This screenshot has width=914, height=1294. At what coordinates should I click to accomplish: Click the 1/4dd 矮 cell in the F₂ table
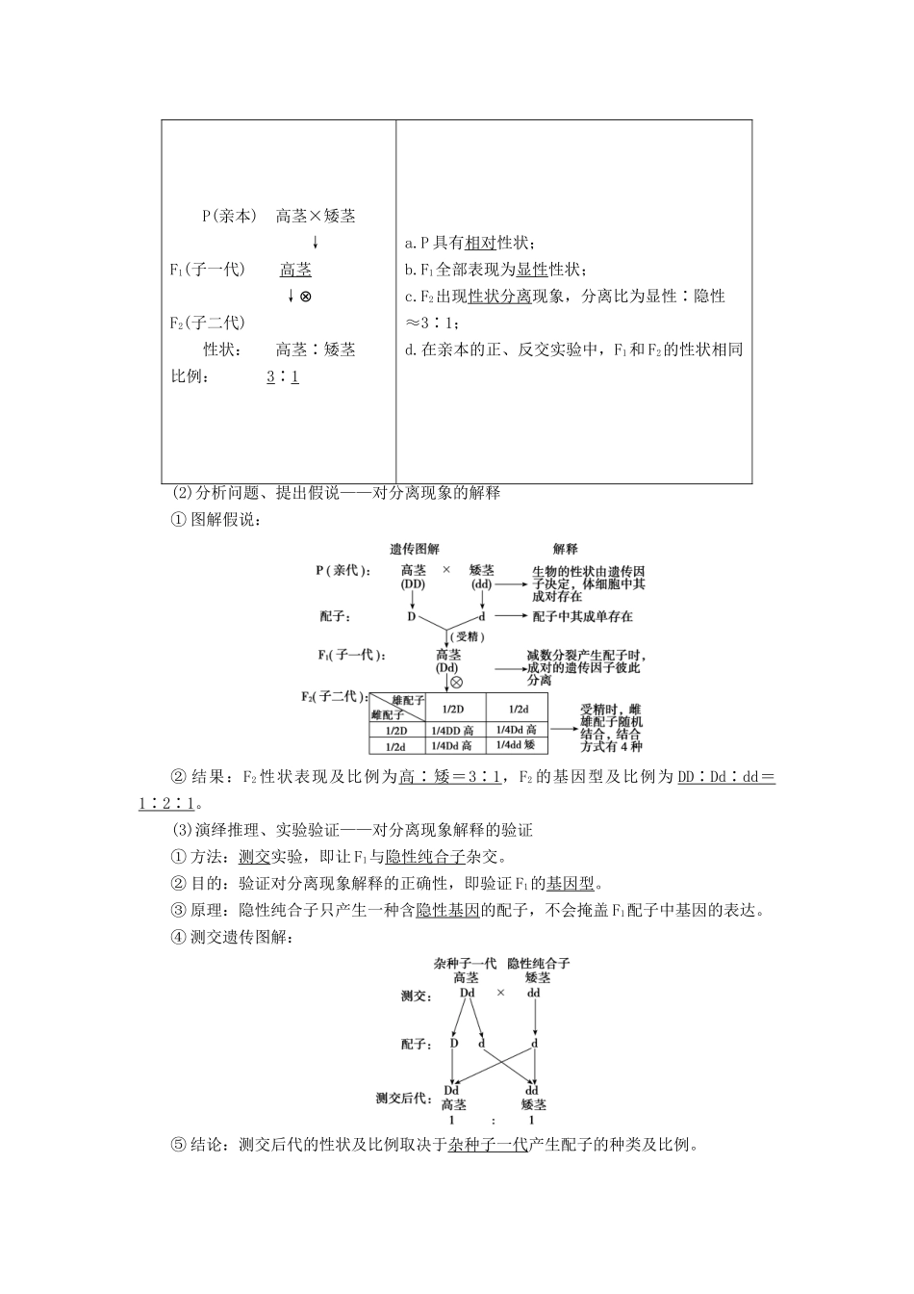(x=517, y=744)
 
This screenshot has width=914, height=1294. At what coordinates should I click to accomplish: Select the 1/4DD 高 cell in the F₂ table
(x=451, y=731)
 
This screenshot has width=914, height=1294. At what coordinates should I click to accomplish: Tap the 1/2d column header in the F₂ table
(x=517, y=708)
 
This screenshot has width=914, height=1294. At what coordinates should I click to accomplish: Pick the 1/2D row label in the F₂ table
(x=395, y=731)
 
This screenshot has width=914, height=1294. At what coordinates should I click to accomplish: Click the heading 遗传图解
(x=415, y=549)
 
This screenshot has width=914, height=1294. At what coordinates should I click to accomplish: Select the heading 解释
(x=566, y=549)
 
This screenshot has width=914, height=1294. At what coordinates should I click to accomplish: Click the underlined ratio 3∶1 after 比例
(x=283, y=376)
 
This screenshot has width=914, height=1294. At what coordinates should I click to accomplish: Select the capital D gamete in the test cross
(x=454, y=1043)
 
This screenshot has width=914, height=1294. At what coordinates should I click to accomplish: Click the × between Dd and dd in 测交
(x=500, y=994)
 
